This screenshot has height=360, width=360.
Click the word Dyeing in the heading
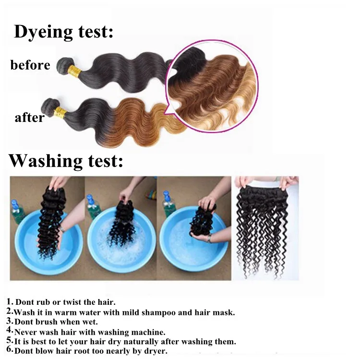click(x=43, y=32)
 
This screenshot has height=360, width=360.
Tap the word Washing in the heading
click(x=46, y=161)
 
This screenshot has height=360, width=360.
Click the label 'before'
click(x=30, y=65)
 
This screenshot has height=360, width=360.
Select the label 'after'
click(x=30, y=118)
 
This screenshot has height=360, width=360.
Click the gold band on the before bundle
click(x=74, y=71)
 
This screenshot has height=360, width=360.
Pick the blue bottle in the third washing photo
click(x=168, y=204)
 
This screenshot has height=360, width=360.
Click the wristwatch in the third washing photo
click(x=209, y=239)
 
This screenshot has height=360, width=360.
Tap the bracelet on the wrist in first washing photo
click(x=62, y=229)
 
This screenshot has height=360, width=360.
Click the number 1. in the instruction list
click(x=10, y=301)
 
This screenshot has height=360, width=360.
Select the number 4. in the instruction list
click(x=10, y=330)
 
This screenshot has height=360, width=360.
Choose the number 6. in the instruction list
click(x=10, y=349)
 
